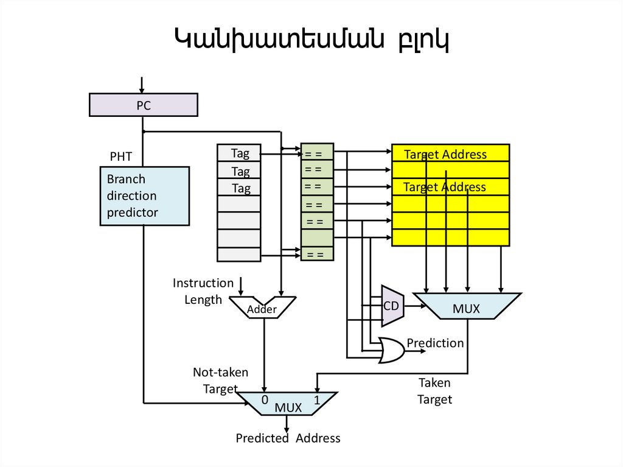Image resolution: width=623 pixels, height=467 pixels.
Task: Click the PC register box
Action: pos(144,105)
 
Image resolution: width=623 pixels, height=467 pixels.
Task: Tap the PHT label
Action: pos(120,157)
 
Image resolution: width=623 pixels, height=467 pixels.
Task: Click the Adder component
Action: pos(263,307)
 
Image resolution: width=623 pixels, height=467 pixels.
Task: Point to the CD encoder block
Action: pos(392,306)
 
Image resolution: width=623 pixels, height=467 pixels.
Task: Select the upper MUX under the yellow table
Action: pos(466,306)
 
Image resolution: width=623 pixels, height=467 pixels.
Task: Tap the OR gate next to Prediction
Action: pos(392,349)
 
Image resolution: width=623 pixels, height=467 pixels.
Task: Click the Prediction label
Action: pos(435,343)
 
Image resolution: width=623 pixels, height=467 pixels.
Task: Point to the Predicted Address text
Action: pos(288,438)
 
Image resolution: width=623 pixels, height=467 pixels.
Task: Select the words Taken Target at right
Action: pos(435,391)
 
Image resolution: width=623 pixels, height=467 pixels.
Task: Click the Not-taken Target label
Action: pos(220,381)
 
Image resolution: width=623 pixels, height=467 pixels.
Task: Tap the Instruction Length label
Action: pos(203,291)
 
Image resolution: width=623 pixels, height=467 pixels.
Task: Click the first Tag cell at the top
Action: pos(240,153)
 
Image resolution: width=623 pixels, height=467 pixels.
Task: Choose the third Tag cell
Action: pos(240,188)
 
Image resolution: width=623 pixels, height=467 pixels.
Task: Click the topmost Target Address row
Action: pos(450,153)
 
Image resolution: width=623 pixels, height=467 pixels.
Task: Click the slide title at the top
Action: pos(311,40)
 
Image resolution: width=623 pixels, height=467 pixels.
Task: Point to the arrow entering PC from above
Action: pos(142,84)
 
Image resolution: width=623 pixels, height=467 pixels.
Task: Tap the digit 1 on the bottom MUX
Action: pos(317,400)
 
